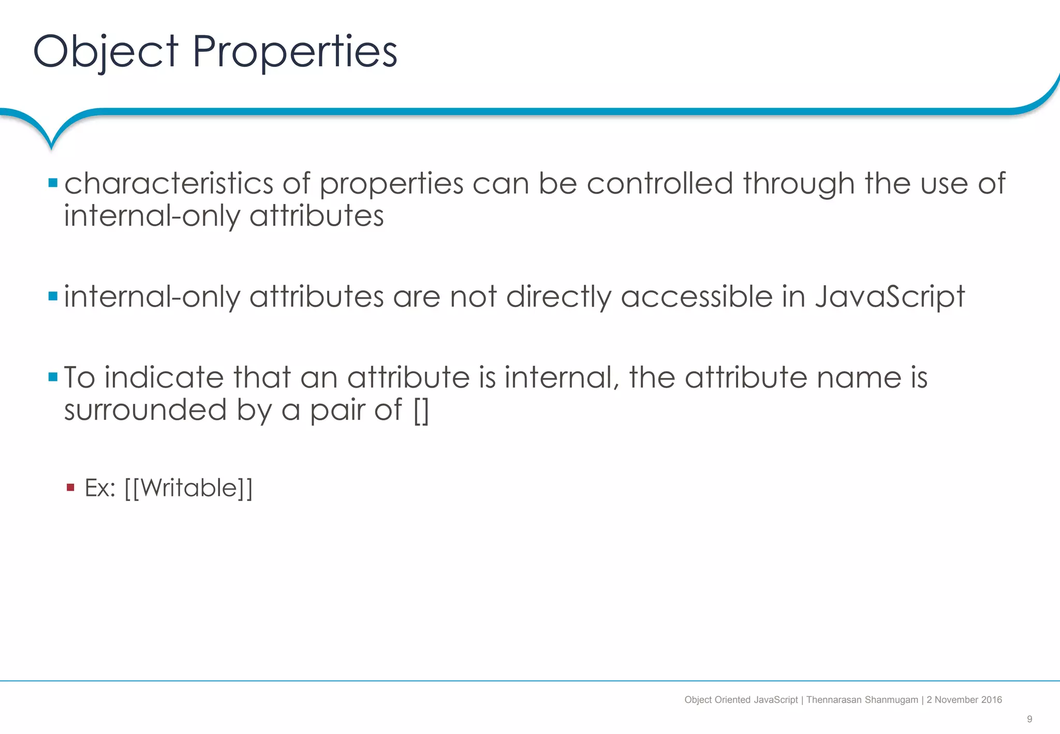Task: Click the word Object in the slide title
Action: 106,52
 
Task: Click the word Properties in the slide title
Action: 295,52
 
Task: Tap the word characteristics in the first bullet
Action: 169,184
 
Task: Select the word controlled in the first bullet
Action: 660,184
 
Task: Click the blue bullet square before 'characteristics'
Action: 53,183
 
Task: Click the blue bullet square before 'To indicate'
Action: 53,377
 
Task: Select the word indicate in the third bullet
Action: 164,377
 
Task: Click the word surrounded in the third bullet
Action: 145,410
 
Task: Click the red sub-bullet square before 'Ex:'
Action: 71,488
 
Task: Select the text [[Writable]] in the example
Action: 188,488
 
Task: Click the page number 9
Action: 1029,719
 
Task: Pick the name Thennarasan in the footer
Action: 834,700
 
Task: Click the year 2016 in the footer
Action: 991,700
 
